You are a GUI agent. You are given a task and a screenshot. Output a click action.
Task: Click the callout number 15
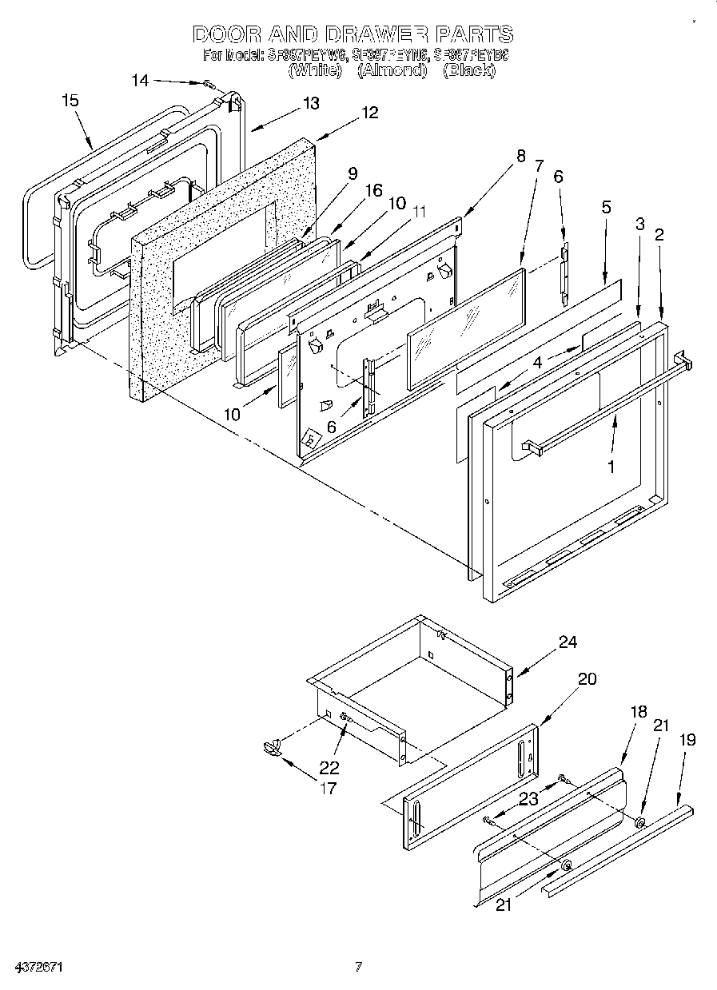point(70,101)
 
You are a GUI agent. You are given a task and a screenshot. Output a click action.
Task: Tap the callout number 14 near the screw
point(140,80)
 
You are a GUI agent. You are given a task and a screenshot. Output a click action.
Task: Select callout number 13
point(310,103)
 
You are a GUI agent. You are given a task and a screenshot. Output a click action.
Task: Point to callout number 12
point(369,113)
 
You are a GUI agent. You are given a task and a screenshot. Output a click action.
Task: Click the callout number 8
point(521,157)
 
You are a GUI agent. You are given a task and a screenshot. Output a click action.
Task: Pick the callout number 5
point(606,207)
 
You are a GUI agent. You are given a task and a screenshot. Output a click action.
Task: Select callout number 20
point(587,678)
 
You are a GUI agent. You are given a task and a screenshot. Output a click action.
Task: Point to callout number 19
point(687,740)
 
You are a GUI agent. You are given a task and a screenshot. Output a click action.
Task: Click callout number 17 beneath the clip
point(328,789)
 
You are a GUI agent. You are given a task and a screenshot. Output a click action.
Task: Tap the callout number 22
point(329,768)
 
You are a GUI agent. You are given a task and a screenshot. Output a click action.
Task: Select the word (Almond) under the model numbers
point(390,70)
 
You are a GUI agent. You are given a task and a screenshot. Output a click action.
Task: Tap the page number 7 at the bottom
point(359,968)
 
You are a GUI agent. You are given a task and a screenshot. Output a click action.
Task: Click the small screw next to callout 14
point(209,84)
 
